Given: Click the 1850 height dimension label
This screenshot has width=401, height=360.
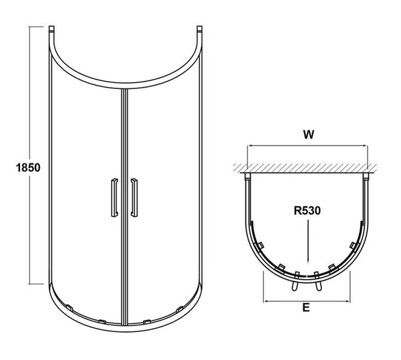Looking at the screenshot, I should (x=17, y=167).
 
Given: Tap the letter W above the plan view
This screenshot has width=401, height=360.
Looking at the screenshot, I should (x=308, y=134).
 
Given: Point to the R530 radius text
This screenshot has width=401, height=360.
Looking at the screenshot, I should (x=307, y=210).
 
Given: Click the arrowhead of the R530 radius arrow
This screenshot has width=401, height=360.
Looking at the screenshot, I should (x=307, y=262).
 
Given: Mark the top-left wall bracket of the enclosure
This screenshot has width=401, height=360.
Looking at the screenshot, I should (x=51, y=31).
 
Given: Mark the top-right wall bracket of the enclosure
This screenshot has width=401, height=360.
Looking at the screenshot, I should (x=199, y=31).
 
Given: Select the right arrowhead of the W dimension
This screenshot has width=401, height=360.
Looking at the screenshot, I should (x=366, y=147).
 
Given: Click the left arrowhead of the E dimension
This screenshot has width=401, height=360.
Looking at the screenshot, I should (x=266, y=300).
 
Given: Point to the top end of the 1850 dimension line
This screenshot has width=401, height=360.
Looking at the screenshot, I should (x=31, y=27).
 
